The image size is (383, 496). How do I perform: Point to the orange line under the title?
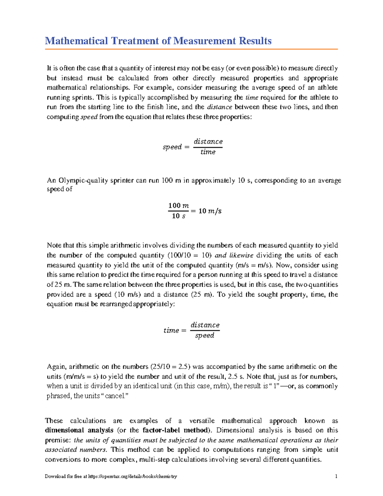point(191,50)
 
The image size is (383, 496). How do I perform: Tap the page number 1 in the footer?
point(336,476)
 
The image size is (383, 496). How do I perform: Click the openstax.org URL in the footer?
point(132,476)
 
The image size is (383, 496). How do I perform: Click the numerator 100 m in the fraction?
point(178,205)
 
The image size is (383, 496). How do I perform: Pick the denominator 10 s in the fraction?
point(178,216)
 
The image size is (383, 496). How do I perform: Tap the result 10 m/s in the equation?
point(210,211)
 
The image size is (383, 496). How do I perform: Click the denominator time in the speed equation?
point(208,152)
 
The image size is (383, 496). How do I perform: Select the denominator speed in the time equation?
point(205,336)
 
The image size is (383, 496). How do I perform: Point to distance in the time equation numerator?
point(205,325)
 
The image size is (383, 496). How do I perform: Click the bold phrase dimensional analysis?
point(79,430)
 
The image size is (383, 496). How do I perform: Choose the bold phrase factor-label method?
point(176,430)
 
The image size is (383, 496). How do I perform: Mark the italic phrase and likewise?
point(234,255)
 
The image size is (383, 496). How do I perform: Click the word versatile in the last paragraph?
point(202,421)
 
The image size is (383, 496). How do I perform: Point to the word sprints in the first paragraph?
point(84,97)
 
